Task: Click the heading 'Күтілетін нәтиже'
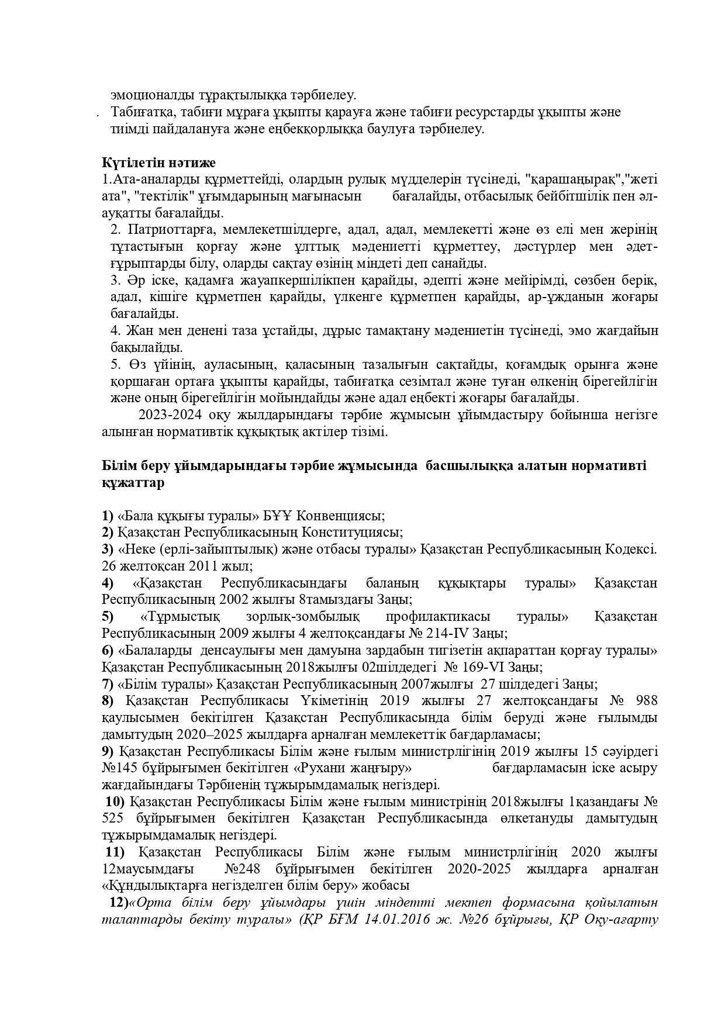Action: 158,162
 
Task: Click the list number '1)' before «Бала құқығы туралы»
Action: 108,516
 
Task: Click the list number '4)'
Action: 108,583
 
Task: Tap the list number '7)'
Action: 108,683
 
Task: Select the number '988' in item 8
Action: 645,700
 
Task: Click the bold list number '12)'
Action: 119,902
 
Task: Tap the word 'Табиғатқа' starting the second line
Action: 141,112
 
